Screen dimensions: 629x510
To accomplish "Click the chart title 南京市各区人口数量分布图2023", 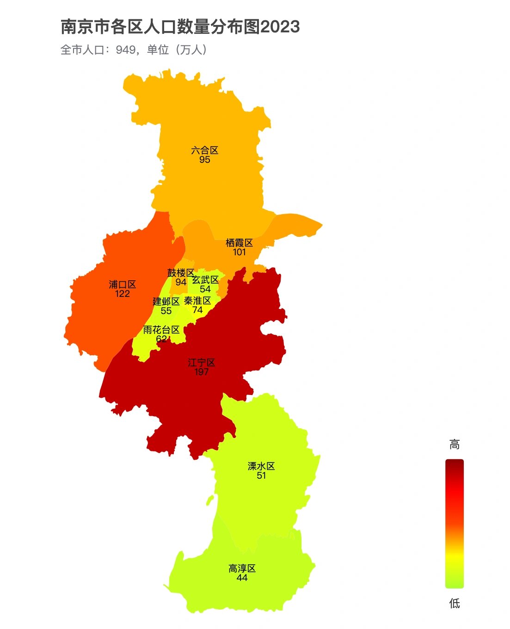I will (x=180, y=27).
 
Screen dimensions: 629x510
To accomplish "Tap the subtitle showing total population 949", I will (x=134, y=49).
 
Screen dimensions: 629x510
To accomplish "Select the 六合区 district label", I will (x=204, y=150).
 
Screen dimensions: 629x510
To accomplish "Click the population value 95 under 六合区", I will (x=204, y=160).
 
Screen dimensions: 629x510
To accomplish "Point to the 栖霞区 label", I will (x=239, y=243).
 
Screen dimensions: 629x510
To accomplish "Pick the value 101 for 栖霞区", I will (x=239, y=252).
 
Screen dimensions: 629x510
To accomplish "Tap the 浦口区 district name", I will (x=123, y=284).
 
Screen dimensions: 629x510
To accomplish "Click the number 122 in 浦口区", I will (x=123, y=294).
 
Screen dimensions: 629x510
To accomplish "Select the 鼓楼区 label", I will (x=180, y=273).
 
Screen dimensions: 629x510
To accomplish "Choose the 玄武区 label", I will (x=205, y=280).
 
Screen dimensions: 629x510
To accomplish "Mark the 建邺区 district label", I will (x=166, y=302).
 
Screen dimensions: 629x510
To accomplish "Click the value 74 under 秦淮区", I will (x=197, y=310).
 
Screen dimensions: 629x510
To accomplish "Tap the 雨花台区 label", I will (x=161, y=330).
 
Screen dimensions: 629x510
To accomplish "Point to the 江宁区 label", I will (x=201, y=363).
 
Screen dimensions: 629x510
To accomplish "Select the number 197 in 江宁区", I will (x=201, y=372).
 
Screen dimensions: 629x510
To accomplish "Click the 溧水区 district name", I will (x=261, y=466).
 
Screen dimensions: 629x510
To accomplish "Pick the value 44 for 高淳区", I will (x=242, y=578).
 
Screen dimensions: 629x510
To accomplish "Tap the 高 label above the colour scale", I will (x=454, y=445).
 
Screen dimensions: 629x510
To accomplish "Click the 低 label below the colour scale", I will (x=454, y=603).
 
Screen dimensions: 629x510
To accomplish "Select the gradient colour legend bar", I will (x=454, y=524).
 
